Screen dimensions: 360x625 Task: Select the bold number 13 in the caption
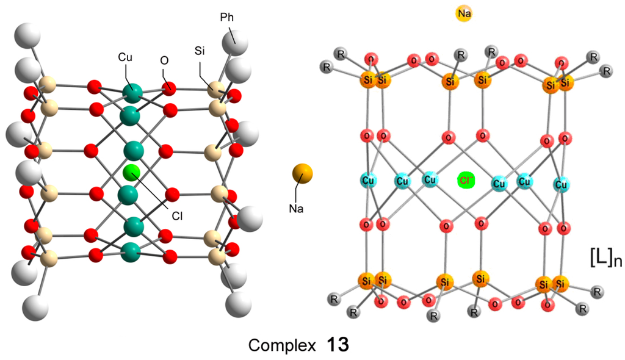(336, 345)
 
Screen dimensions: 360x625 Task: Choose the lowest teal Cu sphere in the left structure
(129, 251)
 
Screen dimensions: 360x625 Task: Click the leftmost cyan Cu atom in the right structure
(368, 181)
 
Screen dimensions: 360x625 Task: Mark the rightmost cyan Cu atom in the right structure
(561, 183)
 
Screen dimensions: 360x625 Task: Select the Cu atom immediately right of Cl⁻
(499, 183)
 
